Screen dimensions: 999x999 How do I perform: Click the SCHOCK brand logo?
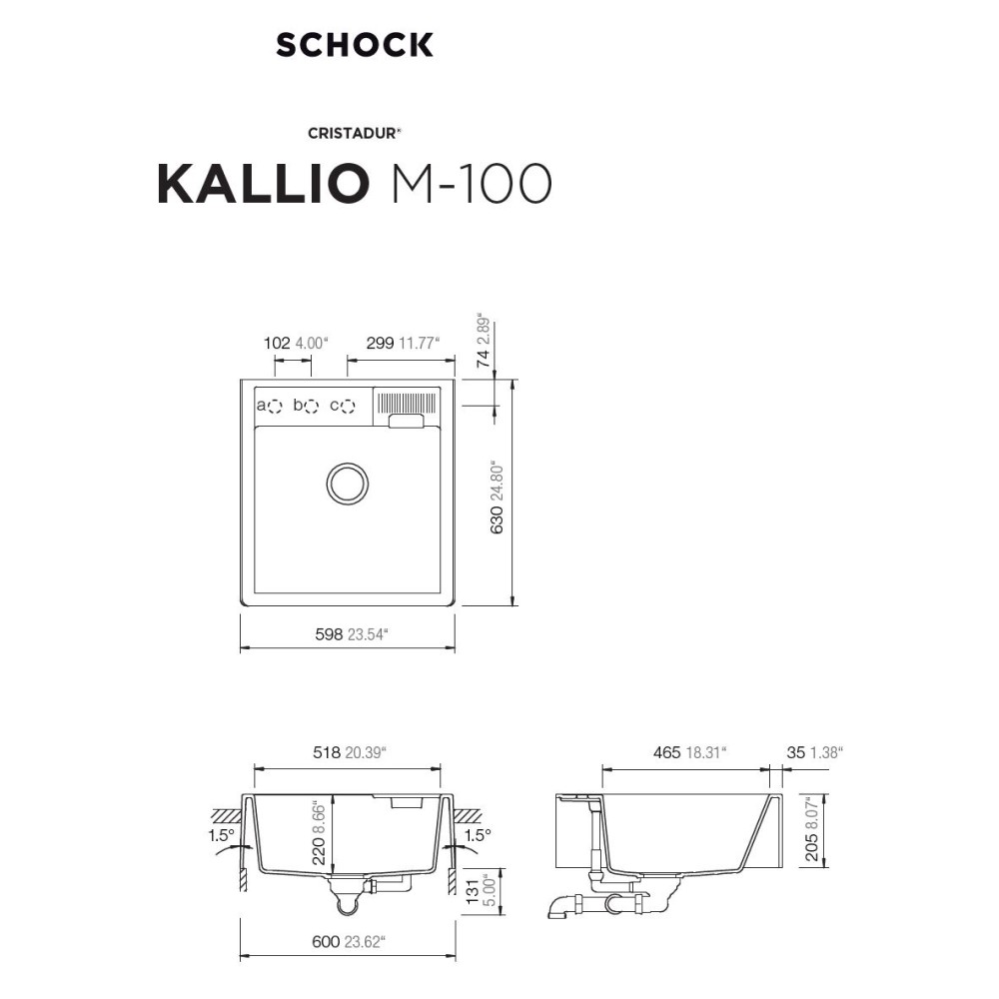(x=355, y=45)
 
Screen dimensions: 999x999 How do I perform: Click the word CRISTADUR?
(x=353, y=133)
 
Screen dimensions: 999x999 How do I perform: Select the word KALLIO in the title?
(x=263, y=184)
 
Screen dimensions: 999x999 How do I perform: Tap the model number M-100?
(x=472, y=184)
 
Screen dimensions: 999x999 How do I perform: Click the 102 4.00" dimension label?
(x=295, y=344)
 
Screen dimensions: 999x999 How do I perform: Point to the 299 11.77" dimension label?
(x=403, y=344)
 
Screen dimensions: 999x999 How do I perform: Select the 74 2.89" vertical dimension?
(x=485, y=341)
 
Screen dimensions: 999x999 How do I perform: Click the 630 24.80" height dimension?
(x=498, y=499)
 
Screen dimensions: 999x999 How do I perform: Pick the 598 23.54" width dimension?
(x=352, y=634)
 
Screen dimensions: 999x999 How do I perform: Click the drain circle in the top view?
(x=348, y=483)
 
